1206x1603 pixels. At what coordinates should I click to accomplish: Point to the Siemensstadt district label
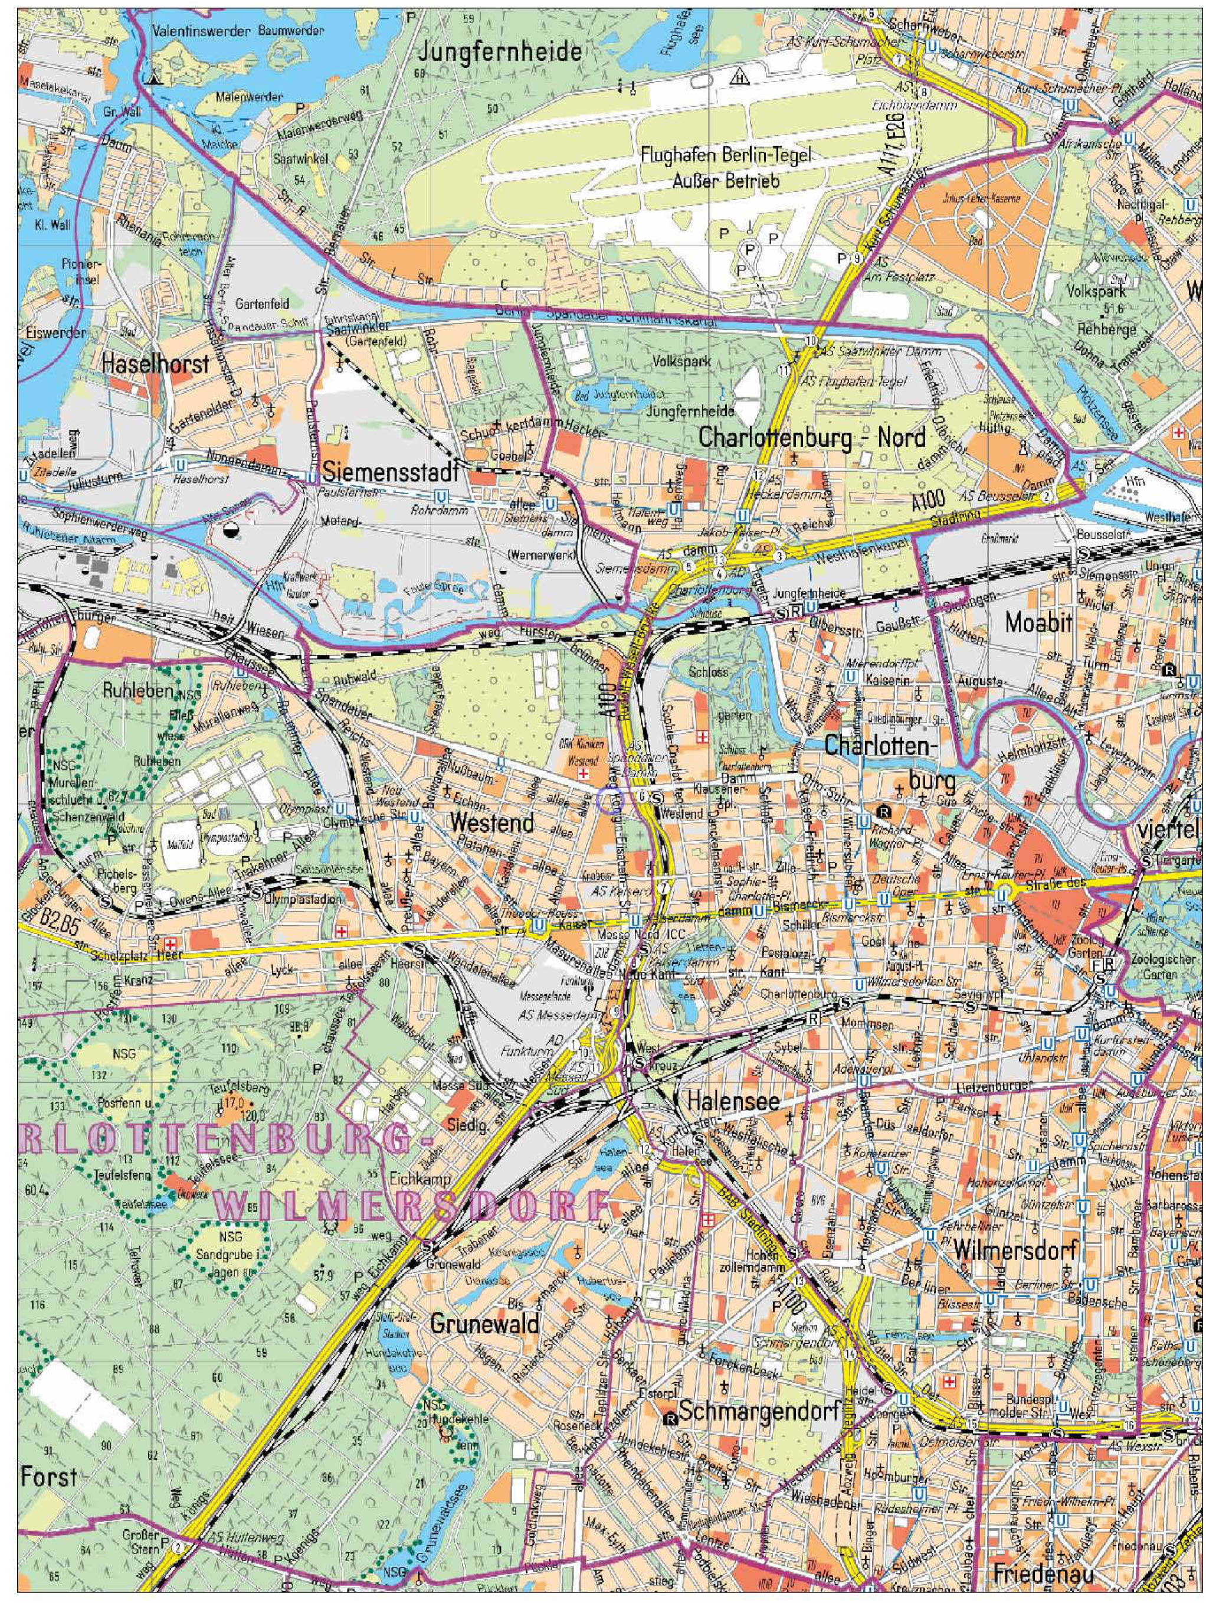(x=391, y=473)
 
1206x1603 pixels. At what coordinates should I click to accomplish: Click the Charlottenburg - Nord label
(x=812, y=437)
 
